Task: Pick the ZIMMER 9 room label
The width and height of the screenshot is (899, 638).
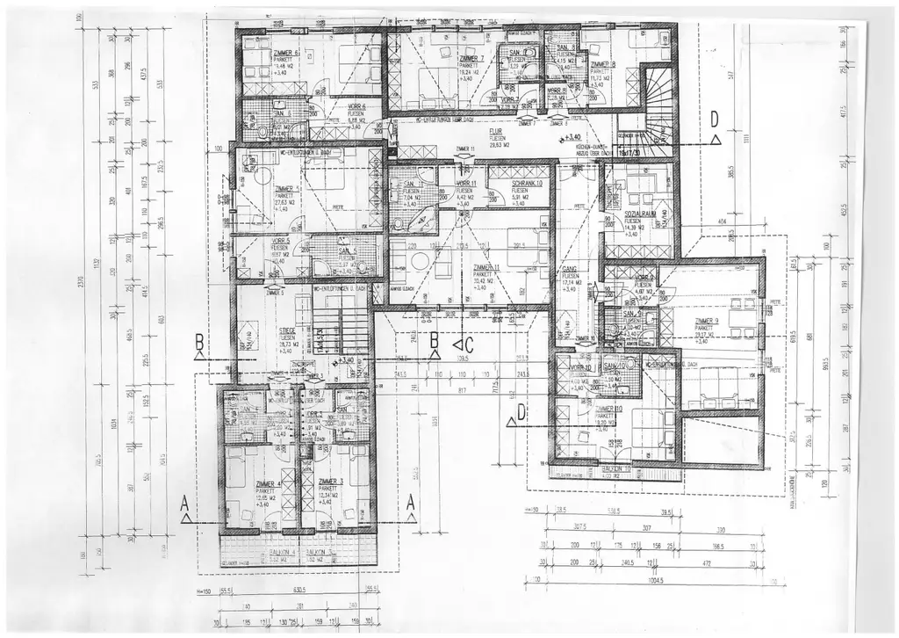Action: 706,322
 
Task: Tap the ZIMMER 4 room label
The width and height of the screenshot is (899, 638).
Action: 268,484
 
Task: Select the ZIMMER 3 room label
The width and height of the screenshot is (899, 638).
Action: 330,482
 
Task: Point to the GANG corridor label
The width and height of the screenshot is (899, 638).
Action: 568,270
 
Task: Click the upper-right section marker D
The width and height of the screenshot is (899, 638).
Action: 715,119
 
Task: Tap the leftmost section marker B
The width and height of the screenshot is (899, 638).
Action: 199,341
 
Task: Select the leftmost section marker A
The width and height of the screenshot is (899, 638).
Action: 184,504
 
